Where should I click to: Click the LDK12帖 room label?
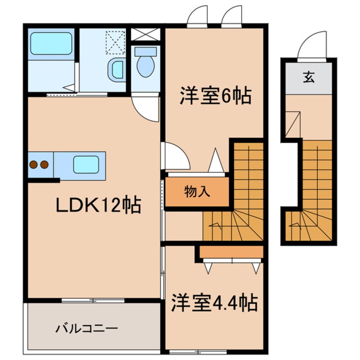[99, 206]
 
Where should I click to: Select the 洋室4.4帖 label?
[214, 303]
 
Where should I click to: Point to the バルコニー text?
[86, 329]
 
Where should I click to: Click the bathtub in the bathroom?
[51, 44]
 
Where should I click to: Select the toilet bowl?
[146, 64]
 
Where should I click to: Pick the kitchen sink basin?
[86, 164]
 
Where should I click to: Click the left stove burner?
[34, 163]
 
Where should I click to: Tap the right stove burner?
[44, 163]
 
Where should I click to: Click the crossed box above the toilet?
[146, 34]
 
